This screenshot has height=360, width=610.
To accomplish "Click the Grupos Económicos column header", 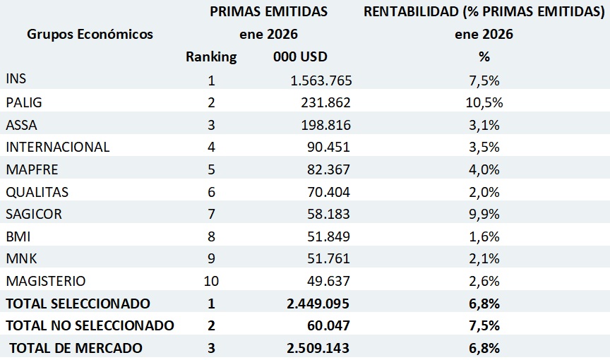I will [x=90, y=34].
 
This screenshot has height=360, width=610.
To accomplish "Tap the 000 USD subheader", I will [x=300, y=57].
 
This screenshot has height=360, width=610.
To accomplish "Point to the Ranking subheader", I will [x=211, y=57].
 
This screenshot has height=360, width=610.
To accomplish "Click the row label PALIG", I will [x=24, y=102].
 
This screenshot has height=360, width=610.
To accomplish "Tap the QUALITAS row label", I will [x=37, y=191].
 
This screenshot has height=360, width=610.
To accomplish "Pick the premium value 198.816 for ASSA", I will [x=325, y=125].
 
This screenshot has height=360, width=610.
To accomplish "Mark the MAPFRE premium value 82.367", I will [x=328, y=169].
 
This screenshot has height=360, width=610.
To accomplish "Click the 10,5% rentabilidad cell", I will [x=484, y=102].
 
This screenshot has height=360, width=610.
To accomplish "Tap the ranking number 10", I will [x=211, y=281].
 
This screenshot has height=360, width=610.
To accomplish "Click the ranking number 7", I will [x=211, y=214].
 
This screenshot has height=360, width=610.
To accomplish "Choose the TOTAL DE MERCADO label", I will [x=76, y=348].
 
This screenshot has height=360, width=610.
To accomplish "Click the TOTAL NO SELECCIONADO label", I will [x=90, y=325].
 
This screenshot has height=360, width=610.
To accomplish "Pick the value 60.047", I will [x=328, y=325].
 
